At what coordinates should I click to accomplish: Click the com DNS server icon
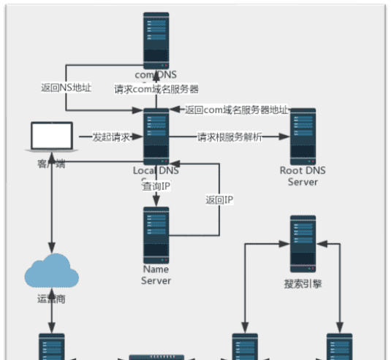156,39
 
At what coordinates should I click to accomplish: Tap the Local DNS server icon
156,137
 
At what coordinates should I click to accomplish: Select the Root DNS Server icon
303,137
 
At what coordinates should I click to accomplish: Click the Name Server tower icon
156,234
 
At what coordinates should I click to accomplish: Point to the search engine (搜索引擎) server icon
303,244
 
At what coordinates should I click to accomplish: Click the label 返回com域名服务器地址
236,110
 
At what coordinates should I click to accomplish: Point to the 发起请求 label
111,137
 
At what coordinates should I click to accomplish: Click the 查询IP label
156,186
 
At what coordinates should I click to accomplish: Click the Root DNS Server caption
303,176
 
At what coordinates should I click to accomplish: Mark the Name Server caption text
156,275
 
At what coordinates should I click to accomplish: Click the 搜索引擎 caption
303,284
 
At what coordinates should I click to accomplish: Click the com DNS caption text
156,75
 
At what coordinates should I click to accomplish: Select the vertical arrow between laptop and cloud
51,212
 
